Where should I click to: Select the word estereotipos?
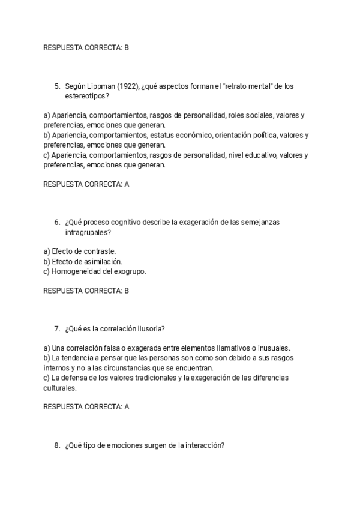86,96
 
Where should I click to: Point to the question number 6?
57,222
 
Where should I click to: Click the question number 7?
57,328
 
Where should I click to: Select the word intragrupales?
86,232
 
